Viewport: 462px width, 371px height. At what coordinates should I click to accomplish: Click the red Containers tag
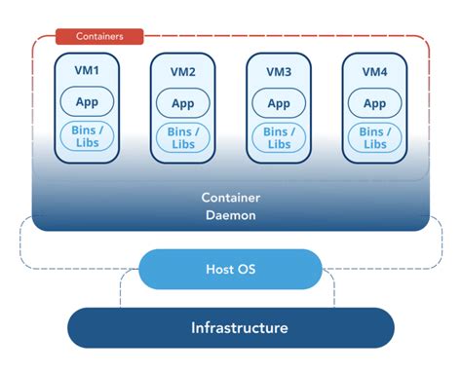pyautogui.click(x=98, y=37)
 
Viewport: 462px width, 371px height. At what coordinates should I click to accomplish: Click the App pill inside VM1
pyautogui.click(x=87, y=103)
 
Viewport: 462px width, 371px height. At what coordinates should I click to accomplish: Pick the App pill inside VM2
pyautogui.click(x=182, y=103)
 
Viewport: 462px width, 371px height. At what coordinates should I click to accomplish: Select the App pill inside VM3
pyautogui.click(x=279, y=103)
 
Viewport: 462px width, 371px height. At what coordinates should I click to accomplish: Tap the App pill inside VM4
pyautogui.click(x=375, y=103)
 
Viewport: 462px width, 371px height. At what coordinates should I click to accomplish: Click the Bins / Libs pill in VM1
pyautogui.click(x=87, y=136)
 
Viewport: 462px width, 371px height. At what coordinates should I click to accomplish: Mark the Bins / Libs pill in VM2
pyautogui.click(x=182, y=136)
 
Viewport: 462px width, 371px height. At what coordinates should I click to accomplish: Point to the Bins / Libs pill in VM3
pyautogui.click(x=279, y=136)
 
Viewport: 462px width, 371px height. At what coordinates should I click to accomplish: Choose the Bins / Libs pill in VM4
pyautogui.click(x=375, y=136)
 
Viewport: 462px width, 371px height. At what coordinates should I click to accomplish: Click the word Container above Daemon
pyautogui.click(x=230, y=197)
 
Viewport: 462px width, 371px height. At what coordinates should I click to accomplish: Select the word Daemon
pyautogui.click(x=230, y=214)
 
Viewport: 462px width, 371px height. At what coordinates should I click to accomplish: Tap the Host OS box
pyautogui.click(x=230, y=269)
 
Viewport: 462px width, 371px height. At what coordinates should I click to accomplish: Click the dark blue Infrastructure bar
pyautogui.click(x=230, y=328)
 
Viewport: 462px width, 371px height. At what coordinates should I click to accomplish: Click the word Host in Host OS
pyautogui.click(x=220, y=269)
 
